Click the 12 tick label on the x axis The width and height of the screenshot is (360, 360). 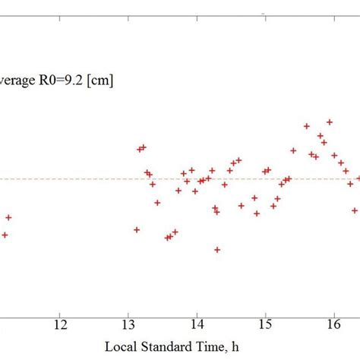[x=60, y=324]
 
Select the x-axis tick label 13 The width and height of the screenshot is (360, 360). [x=128, y=324]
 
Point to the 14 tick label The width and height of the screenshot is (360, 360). [x=197, y=324]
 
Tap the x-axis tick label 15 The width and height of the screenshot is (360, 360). [x=265, y=324]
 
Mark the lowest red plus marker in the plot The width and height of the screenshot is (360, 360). [x=217, y=250]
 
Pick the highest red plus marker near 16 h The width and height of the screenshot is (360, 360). [x=330, y=122]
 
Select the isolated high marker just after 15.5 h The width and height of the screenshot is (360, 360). [x=306, y=126]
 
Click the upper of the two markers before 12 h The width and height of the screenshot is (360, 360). [x=8, y=217]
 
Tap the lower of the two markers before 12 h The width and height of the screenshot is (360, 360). [x=5, y=235]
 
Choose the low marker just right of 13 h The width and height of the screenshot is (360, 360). [x=137, y=229]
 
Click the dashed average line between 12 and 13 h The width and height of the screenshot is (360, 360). [x=95, y=179]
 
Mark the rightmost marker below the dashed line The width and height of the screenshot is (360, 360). [x=355, y=210]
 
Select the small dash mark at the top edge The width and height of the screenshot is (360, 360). [x=263, y=14]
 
